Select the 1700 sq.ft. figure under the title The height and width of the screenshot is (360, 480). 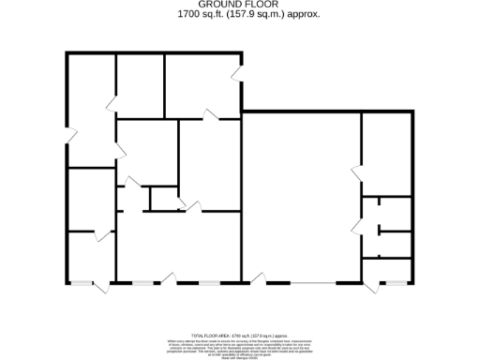click(x=199, y=15)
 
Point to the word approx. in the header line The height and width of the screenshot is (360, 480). click(x=304, y=15)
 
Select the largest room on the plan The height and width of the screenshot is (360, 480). click(x=300, y=197)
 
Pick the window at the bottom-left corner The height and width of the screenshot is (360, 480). click(x=82, y=283)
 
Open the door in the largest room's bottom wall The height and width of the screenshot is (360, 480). click(x=256, y=279)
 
